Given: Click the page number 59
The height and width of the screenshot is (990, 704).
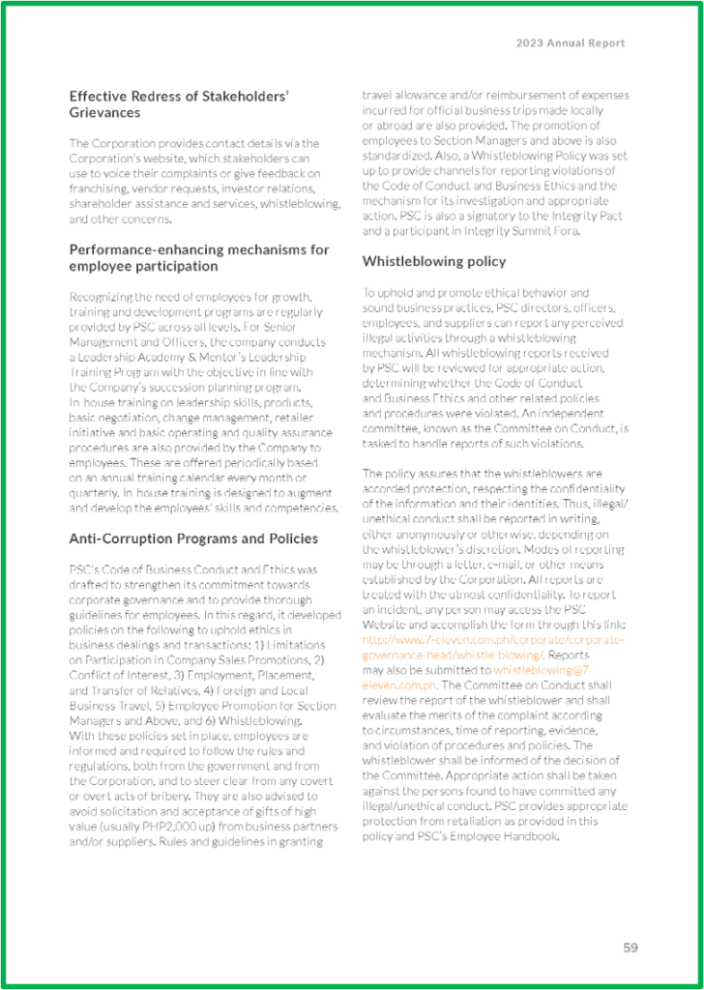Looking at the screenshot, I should [x=630, y=947].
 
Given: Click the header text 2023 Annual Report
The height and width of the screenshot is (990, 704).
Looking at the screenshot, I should [x=570, y=44].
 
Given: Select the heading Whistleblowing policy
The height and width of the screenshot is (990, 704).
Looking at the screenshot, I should [x=433, y=261].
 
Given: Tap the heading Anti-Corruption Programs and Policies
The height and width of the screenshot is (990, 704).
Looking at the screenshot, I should [x=193, y=539].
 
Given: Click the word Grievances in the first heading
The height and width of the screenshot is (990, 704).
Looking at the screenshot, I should [x=105, y=113].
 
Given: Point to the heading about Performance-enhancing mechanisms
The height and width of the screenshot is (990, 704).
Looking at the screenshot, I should [x=199, y=257].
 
